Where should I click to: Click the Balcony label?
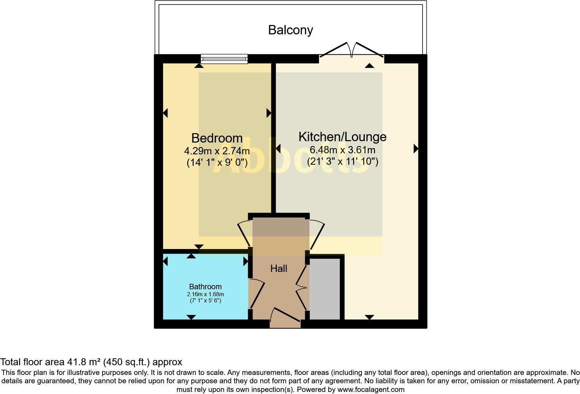pos(290,30)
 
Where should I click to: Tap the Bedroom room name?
pos(217,138)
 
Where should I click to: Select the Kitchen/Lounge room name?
pos(342,137)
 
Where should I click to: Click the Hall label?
pos(279,268)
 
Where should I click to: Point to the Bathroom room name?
pos(205,286)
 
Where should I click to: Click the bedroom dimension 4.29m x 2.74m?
pos(217,151)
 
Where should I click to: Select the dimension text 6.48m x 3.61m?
pos(342,150)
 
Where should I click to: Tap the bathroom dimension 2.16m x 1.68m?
pos(205,294)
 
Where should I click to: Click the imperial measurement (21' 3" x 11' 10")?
pos(342,161)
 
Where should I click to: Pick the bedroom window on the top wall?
pos(224,59)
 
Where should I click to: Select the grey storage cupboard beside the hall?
pos(325,289)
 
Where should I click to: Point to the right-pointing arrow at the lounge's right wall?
pos(416,149)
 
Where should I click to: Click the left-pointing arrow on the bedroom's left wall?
pos(165,113)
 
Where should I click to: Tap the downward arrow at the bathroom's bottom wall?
pos(191,317)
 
